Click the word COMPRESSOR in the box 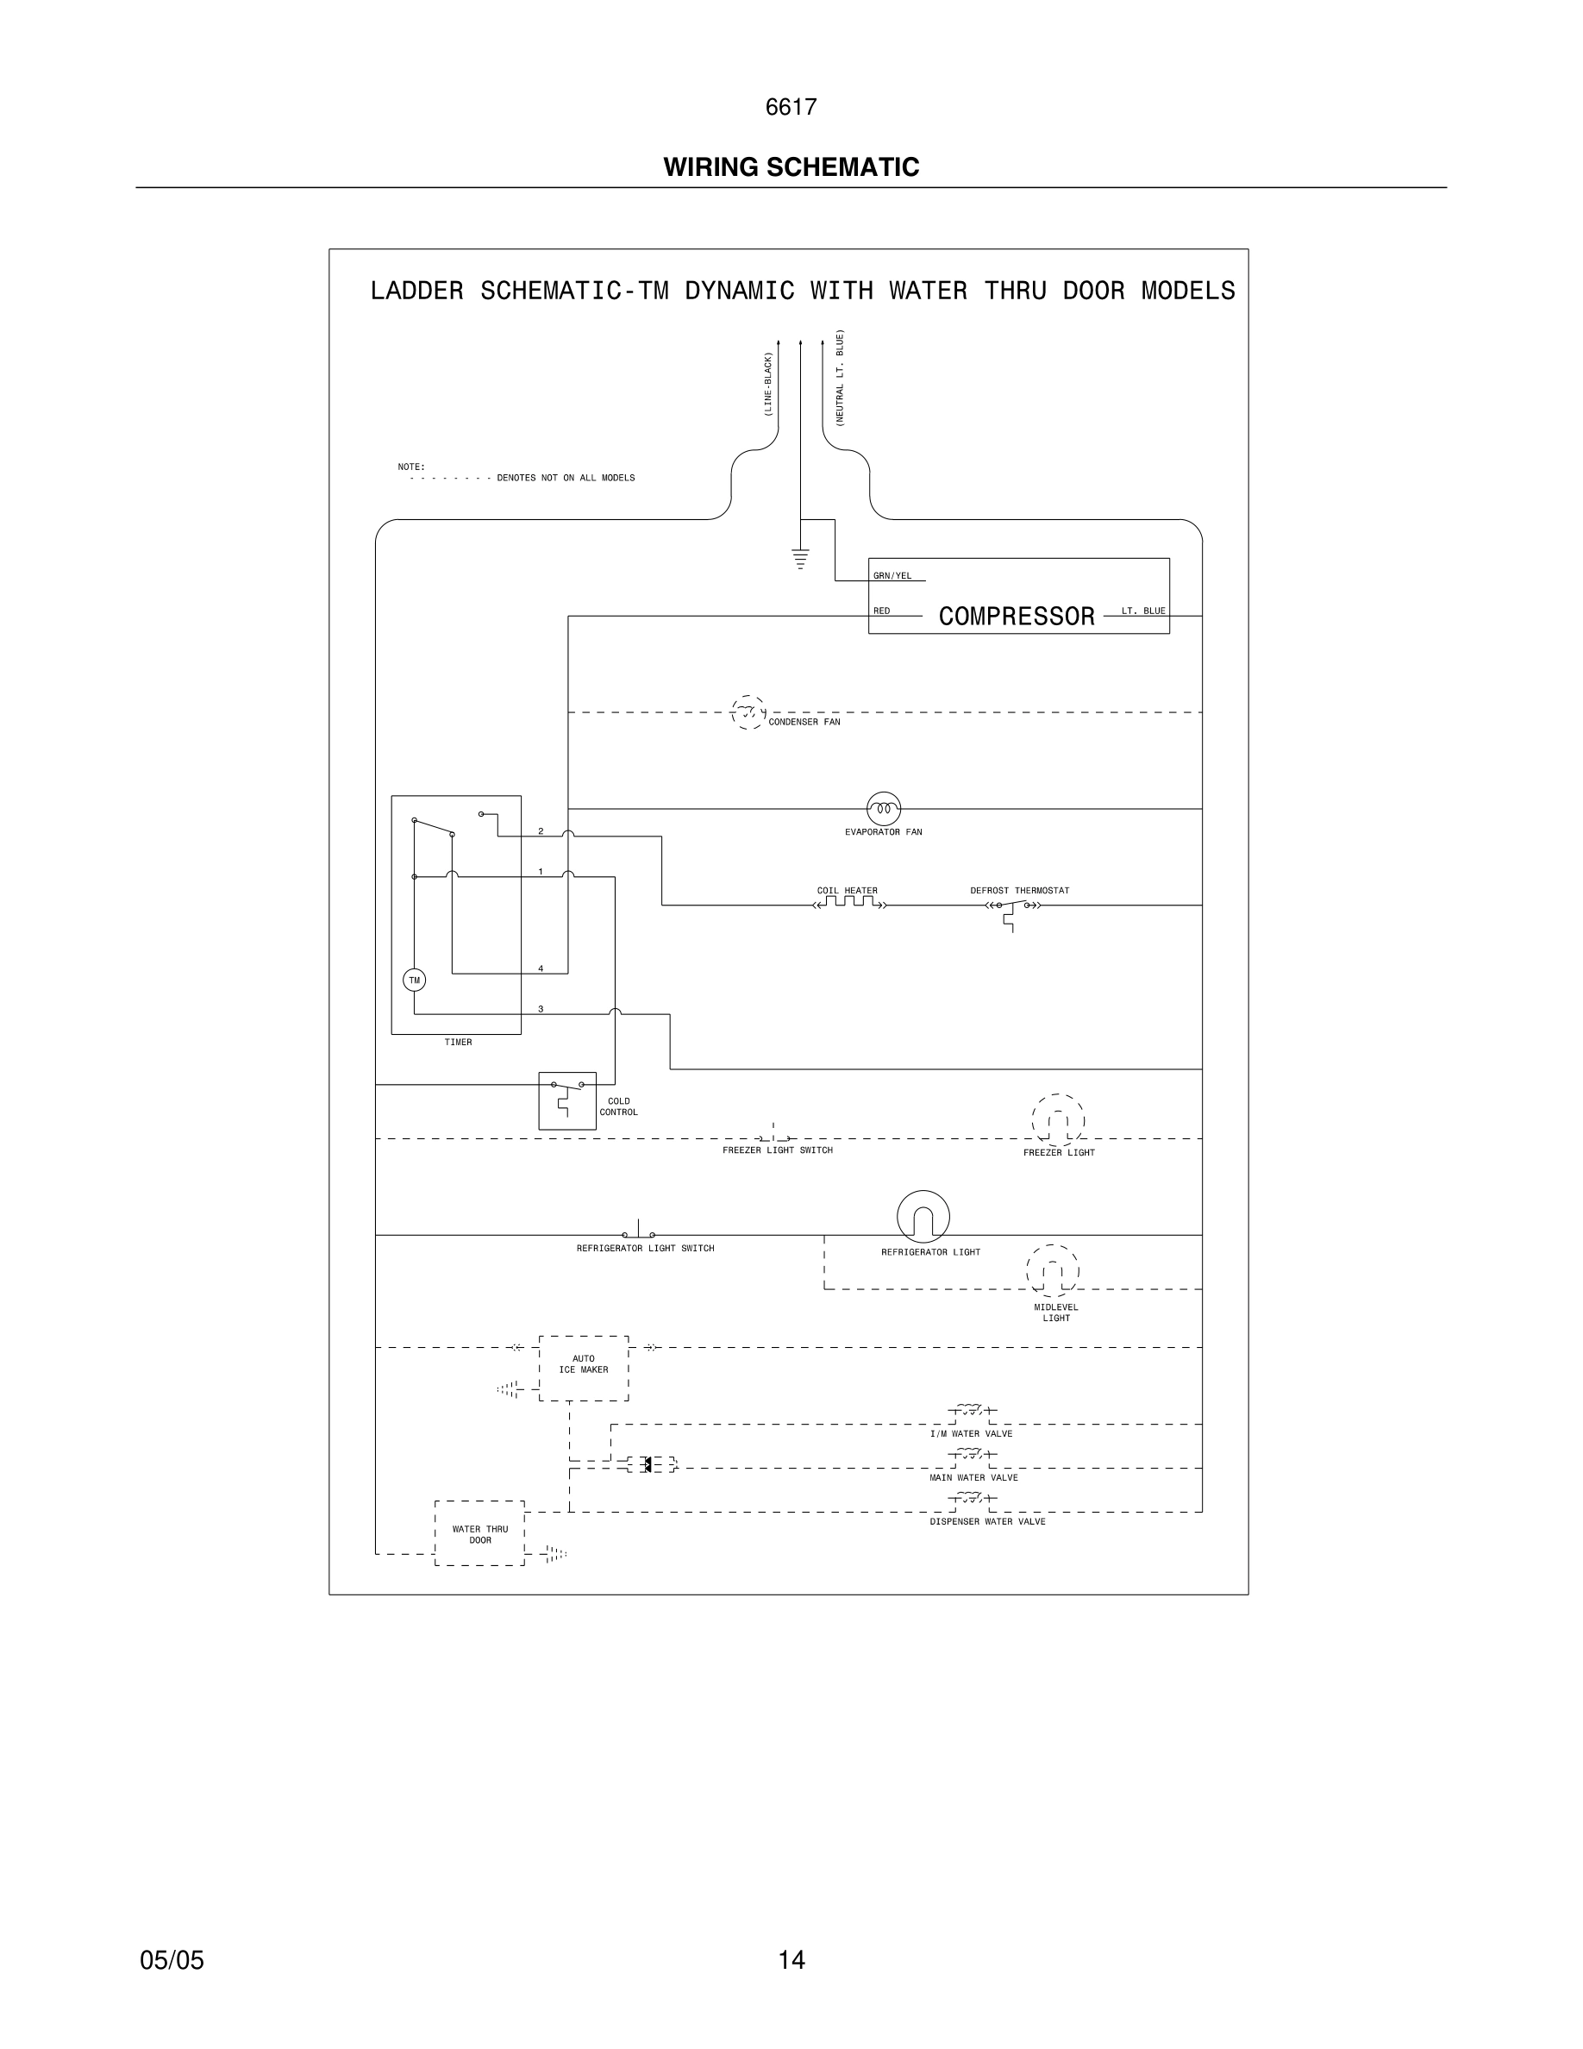[1017, 617]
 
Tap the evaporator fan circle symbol [884, 808]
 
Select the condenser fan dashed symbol [748, 713]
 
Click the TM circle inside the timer [414, 981]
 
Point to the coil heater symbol [848, 904]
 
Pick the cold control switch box [567, 1100]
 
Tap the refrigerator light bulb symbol [923, 1217]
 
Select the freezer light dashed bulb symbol [1058, 1120]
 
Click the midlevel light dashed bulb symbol [1052, 1270]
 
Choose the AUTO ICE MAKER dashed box [584, 1368]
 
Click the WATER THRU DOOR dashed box [479, 1533]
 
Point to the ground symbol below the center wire [800, 558]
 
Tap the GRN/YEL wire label [892, 576]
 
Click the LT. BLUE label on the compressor [1143, 611]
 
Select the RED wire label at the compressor [881, 611]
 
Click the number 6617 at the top [791, 107]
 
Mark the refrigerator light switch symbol [639, 1231]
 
